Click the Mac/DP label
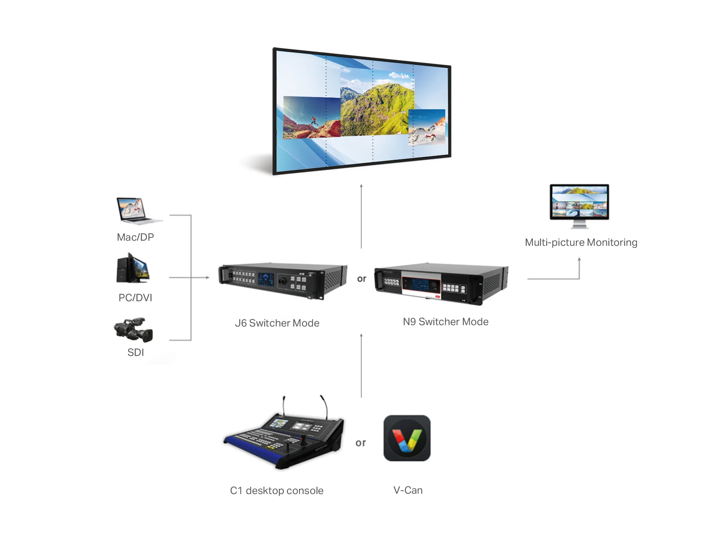(135, 237)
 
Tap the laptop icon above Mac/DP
(138, 211)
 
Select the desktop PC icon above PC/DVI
(133, 269)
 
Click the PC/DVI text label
(135, 298)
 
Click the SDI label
(136, 352)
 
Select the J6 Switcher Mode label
(277, 323)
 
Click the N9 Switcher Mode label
(445, 322)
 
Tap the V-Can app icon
(407, 438)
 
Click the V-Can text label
(408, 490)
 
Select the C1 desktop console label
(277, 491)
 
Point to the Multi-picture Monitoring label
(581, 242)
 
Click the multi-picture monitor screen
(579, 202)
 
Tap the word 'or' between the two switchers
(361, 279)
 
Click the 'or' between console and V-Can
(361, 443)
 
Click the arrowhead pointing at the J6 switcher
(207, 278)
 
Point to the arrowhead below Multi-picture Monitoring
(579, 259)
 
